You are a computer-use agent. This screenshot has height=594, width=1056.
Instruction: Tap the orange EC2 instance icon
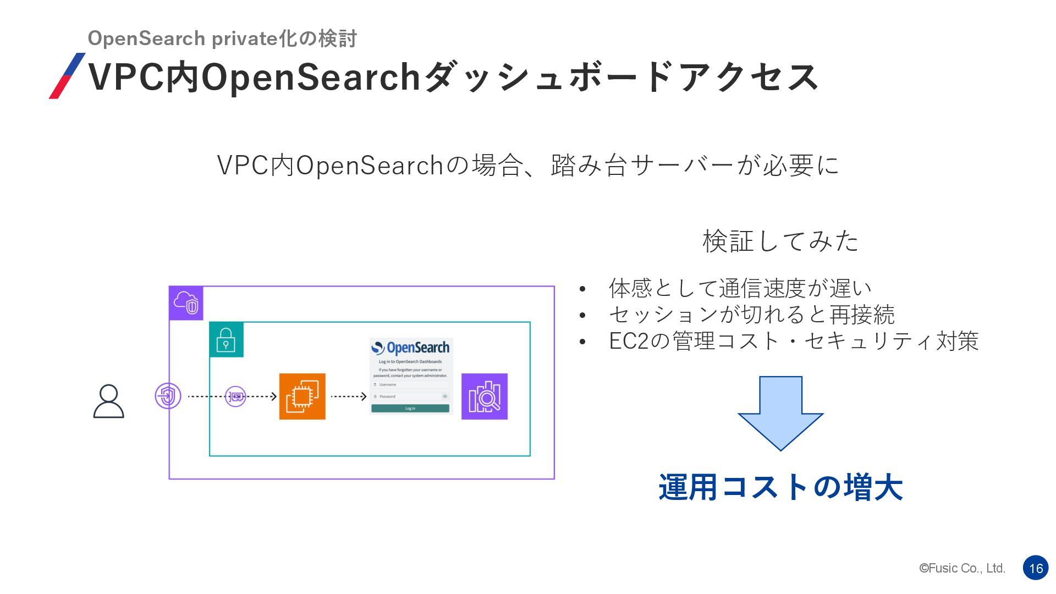302,397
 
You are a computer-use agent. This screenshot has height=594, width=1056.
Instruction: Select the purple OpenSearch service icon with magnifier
484,397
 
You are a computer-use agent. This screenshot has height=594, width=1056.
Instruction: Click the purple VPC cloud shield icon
186,302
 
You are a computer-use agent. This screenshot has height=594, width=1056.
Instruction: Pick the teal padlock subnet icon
226,340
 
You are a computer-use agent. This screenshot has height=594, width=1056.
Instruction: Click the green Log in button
410,409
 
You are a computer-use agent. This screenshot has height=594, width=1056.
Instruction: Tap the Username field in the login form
410,384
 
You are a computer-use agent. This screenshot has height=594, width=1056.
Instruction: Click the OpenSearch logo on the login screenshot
410,348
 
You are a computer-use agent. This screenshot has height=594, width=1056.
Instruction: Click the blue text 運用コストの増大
780,487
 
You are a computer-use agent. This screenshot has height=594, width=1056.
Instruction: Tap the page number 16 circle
1036,568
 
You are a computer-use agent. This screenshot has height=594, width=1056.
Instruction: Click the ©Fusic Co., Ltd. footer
962,568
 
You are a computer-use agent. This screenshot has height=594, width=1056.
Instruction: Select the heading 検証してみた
780,241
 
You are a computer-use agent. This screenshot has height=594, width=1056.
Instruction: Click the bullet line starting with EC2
793,341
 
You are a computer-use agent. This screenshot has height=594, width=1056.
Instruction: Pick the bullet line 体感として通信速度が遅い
740,288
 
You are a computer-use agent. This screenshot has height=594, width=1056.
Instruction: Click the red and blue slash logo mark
67,76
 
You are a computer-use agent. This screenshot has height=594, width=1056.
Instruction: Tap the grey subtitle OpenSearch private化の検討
222,38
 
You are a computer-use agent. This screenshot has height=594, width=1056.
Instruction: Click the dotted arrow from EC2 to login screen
349,397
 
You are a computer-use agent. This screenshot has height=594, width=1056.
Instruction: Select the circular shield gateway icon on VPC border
168,396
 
